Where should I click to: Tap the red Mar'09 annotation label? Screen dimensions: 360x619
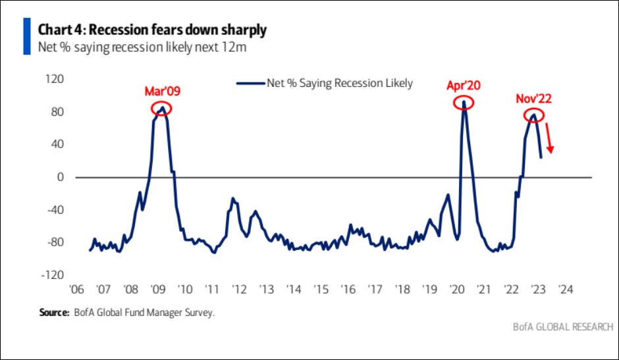tap(162, 91)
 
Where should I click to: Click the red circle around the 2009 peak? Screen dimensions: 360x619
tap(161, 108)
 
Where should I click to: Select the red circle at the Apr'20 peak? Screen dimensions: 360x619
tap(464, 103)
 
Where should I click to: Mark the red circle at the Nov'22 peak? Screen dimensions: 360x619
tap(535, 116)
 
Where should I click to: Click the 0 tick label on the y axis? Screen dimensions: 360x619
tap(60, 178)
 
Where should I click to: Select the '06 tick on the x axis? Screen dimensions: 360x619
tap(76, 290)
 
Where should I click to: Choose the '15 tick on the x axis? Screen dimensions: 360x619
tap(321, 290)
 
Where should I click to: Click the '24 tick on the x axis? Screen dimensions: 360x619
tap(565, 290)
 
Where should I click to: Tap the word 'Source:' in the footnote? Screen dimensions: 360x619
tap(51, 313)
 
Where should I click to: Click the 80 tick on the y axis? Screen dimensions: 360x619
tap(59, 113)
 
